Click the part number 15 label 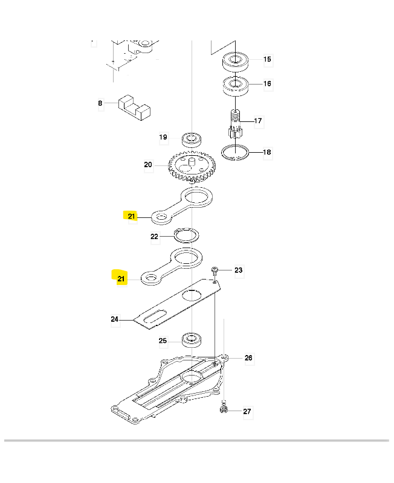(x=267, y=59)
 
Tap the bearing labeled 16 (x=236, y=86)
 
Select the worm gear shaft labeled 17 (x=236, y=124)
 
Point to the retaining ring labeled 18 (x=235, y=153)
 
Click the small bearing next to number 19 (x=192, y=139)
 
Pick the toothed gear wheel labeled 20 (x=192, y=167)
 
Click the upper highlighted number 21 (x=131, y=216)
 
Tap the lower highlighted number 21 (x=121, y=278)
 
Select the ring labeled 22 (x=186, y=235)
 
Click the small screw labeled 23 (x=215, y=270)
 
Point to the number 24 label (x=114, y=319)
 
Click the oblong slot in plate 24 (x=155, y=316)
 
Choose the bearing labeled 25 (x=192, y=340)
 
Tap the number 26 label (x=248, y=357)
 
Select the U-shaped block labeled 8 (x=134, y=108)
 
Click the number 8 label (x=100, y=103)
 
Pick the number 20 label (x=148, y=164)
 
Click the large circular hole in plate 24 (x=192, y=295)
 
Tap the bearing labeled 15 (x=236, y=61)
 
